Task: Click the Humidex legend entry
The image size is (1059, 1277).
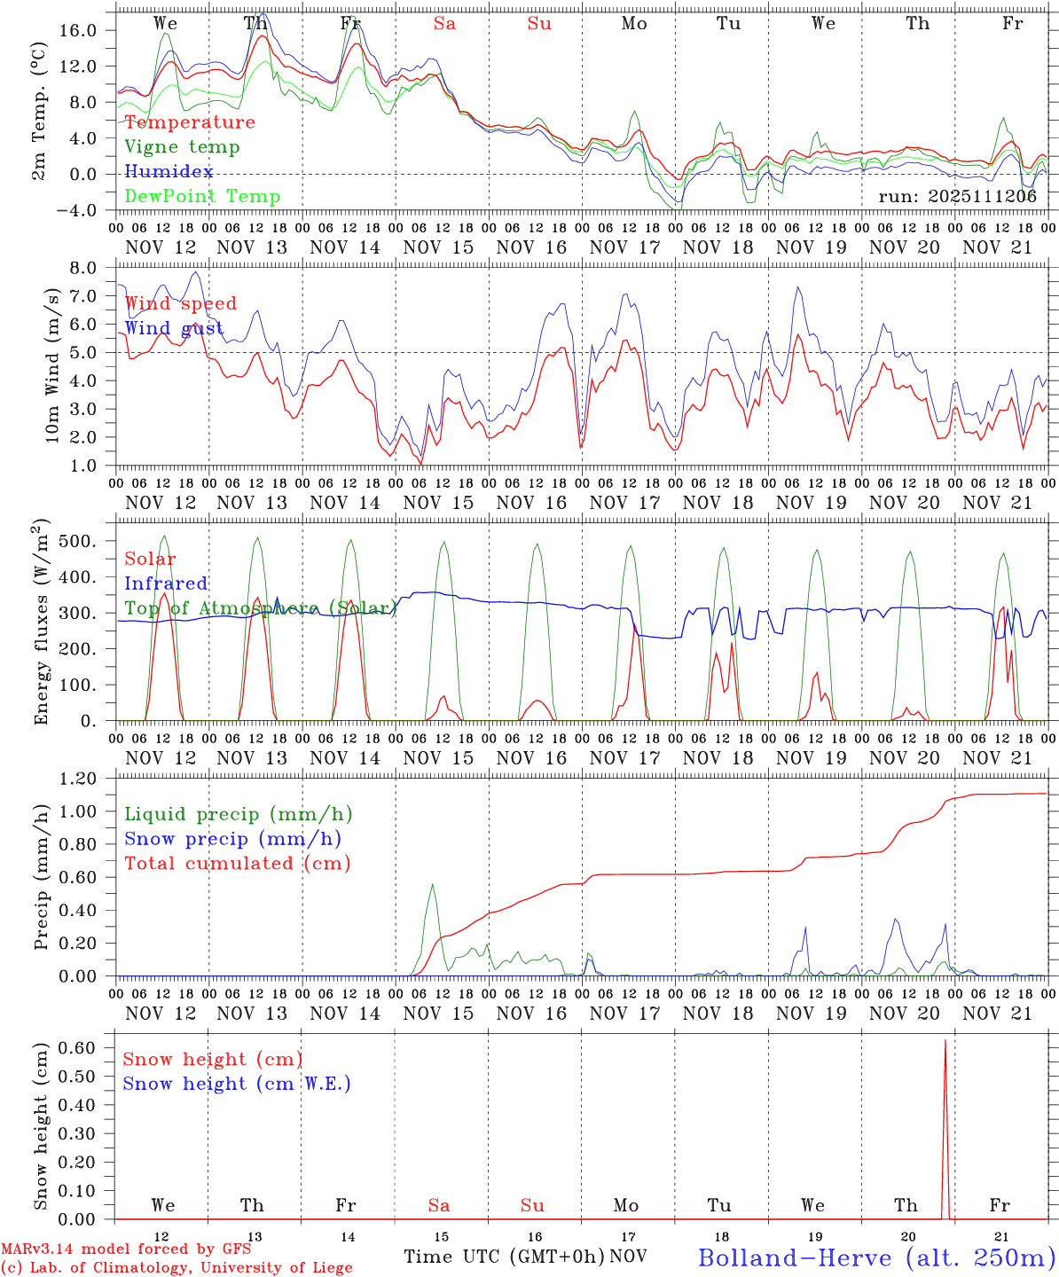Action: point(169,172)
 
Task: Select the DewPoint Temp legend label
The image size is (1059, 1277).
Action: point(202,197)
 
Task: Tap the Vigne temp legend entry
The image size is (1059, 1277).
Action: point(182,147)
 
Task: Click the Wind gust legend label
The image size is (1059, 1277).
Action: point(174,328)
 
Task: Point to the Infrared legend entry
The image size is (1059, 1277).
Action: point(166,584)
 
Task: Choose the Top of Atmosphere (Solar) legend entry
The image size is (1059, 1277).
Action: point(261,608)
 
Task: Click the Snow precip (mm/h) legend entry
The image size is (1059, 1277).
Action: point(233,839)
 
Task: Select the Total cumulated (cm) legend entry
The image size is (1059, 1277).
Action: point(238,864)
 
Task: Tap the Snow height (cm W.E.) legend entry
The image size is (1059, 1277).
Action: point(237,1084)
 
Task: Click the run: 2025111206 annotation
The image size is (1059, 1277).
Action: point(957,197)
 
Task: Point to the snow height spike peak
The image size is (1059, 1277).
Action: point(945,1041)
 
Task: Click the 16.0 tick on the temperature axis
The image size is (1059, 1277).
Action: point(78,30)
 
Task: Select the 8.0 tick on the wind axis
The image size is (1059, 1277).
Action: point(82,268)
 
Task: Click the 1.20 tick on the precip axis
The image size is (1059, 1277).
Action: point(78,779)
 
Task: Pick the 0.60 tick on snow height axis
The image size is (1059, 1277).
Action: point(78,1048)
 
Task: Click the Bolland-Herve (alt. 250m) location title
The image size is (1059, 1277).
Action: point(876,1257)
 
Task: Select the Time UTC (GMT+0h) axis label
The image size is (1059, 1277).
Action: point(504,1257)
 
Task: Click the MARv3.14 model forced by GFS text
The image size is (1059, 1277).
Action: point(126,1249)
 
